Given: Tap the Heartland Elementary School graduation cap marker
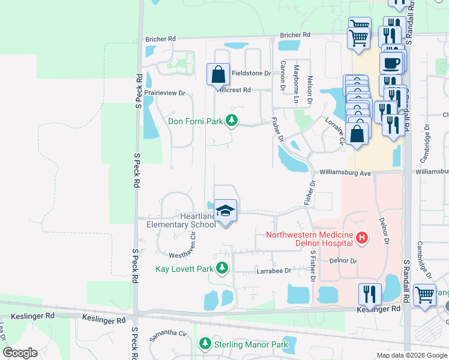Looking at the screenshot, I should pos(226,211).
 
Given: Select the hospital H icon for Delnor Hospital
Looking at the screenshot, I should pos(361,239).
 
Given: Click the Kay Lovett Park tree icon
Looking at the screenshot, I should pos(222,268).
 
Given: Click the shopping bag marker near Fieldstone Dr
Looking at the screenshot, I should pos(218,75).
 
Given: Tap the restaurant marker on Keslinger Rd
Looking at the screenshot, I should pos(370,295).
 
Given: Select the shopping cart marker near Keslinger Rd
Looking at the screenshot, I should pos(424,295).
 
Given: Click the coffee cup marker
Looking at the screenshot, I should pos(391,62).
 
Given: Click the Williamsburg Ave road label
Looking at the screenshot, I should pos(345,173).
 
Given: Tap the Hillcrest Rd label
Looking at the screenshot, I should pos(233,90).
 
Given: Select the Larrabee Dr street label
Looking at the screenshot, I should pos(273,271).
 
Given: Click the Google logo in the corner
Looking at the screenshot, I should pos(20,353).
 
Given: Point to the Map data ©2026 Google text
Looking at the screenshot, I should pos(411,355).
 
